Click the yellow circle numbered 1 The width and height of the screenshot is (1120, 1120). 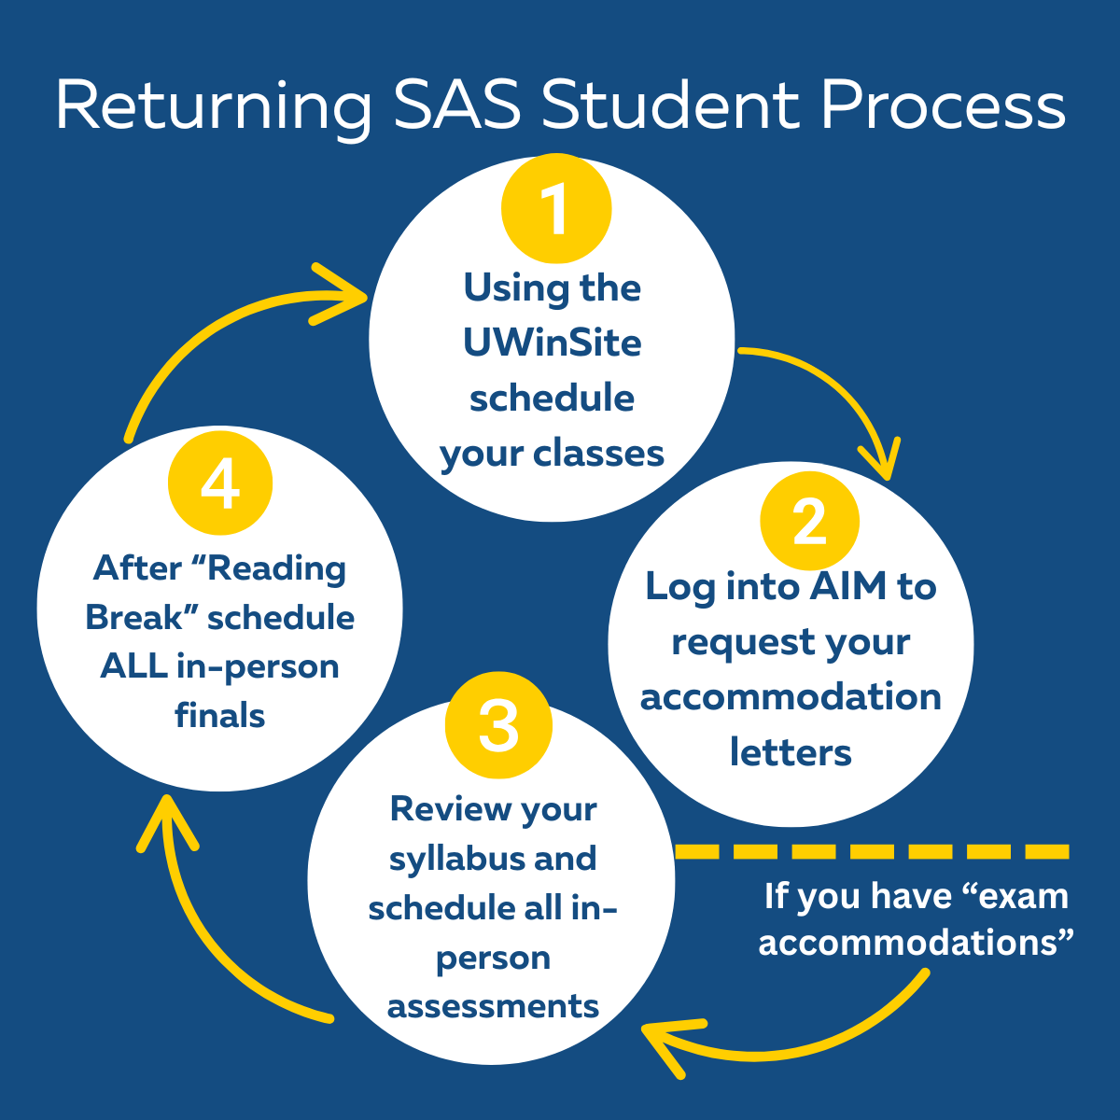(x=555, y=208)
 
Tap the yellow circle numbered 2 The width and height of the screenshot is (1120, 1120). (x=809, y=521)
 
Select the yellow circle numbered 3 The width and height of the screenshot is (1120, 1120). (x=498, y=725)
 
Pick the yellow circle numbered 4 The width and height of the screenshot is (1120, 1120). (x=220, y=483)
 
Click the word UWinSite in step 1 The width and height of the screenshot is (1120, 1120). (x=552, y=343)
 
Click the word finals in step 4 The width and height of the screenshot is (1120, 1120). (x=220, y=716)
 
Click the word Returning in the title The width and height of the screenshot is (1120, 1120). (x=214, y=106)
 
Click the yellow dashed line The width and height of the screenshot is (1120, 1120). (x=872, y=851)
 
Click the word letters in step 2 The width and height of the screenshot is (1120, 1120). (x=791, y=752)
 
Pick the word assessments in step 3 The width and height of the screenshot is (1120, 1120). (x=493, y=1006)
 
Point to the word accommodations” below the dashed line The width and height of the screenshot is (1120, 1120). (x=916, y=943)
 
